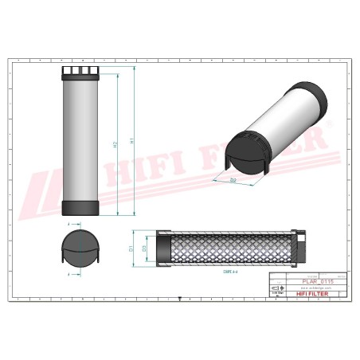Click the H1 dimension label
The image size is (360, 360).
[131, 142]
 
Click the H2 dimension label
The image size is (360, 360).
[115, 144]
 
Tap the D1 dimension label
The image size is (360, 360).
[131, 248]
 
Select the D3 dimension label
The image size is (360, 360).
[143, 248]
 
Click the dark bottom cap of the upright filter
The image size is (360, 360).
[80, 209]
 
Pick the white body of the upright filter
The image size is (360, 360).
[80, 143]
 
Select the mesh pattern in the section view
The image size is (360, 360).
[231, 248]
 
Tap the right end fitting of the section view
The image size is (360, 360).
[300, 248]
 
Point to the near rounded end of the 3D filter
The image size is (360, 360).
[245, 151]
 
